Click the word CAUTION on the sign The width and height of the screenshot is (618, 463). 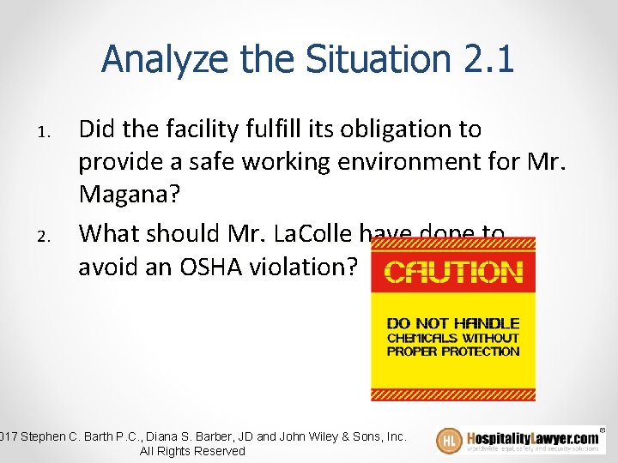452,273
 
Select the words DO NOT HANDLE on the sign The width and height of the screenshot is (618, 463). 452,323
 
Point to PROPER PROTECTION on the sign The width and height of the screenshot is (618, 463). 452,351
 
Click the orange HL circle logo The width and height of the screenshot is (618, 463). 449,441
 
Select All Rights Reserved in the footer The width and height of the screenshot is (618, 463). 191,451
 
